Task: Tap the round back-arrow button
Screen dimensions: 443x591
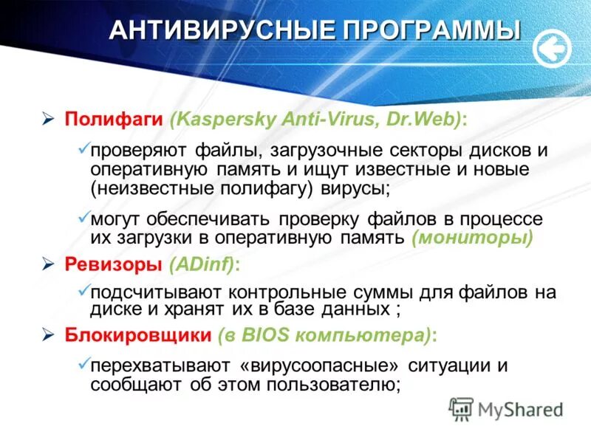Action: tap(552, 48)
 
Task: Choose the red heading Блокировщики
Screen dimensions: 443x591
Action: tap(136, 335)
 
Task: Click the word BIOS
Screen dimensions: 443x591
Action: tap(269, 335)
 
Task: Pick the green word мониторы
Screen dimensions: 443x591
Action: tap(471, 238)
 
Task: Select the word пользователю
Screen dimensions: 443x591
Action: tap(326, 384)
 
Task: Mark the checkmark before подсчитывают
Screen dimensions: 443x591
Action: tap(83, 290)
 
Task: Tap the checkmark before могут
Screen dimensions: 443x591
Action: tap(83, 219)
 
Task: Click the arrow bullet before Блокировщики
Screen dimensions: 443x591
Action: tap(48, 335)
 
